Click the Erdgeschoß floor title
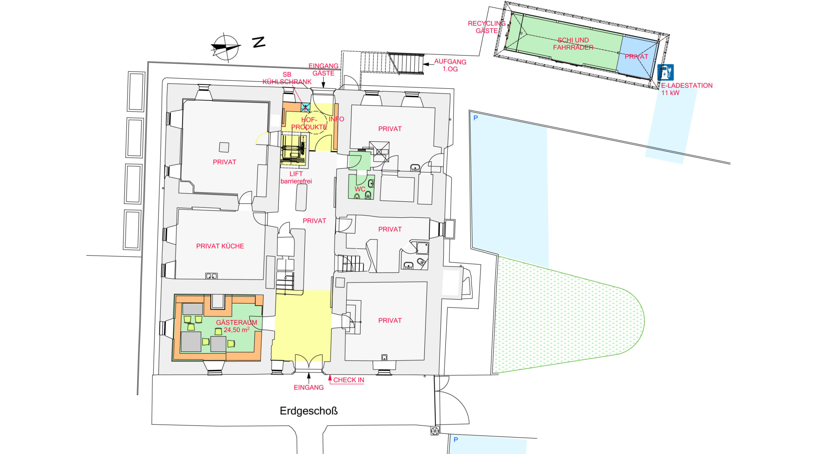pyautogui.click(x=309, y=411)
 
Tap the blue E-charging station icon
pyautogui.click(x=665, y=72)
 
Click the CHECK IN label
pyautogui.click(x=348, y=380)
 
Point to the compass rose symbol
pyautogui.click(x=225, y=47)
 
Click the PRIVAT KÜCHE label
pyautogui.click(x=220, y=246)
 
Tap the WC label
pyautogui.click(x=360, y=189)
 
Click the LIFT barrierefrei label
pyautogui.click(x=296, y=177)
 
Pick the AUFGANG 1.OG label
pyautogui.click(x=450, y=65)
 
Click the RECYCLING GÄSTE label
pyautogui.click(x=486, y=27)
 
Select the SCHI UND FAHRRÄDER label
pyautogui.click(x=573, y=44)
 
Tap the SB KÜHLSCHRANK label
pyautogui.click(x=287, y=78)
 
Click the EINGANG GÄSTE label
pyautogui.click(x=323, y=69)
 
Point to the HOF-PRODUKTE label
pyautogui.click(x=309, y=123)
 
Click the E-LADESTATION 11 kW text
pyautogui.click(x=687, y=89)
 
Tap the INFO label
pyautogui.click(x=336, y=119)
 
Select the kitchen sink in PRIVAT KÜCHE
pyautogui.click(x=211, y=276)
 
